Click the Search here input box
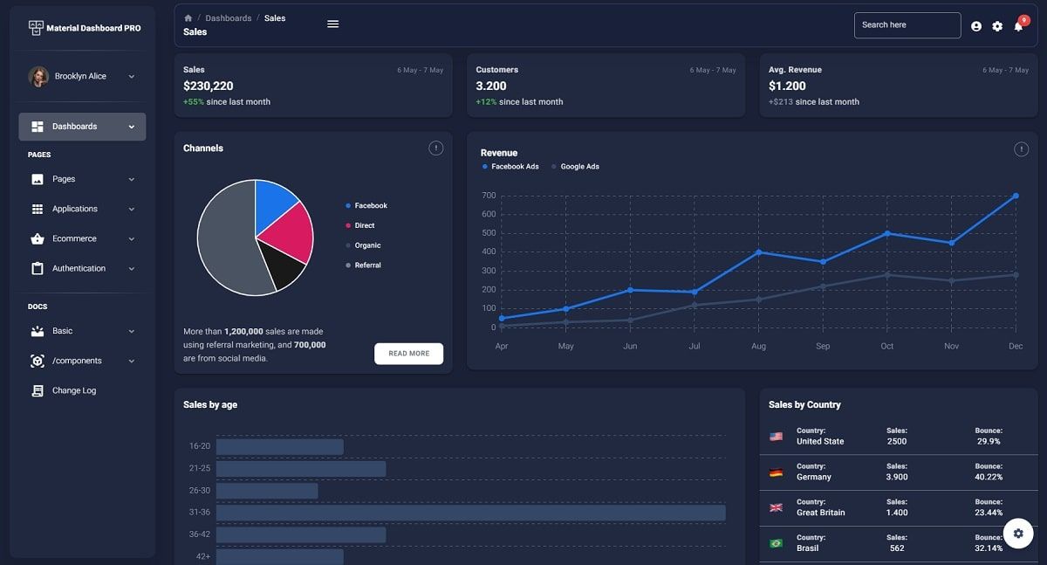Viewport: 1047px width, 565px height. (x=907, y=25)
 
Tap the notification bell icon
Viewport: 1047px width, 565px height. (x=1018, y=26)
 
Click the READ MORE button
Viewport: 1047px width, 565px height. (x=408, y=354)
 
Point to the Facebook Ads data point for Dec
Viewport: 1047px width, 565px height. (x=1016, y=196)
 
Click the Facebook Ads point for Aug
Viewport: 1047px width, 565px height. (x=759, y=251)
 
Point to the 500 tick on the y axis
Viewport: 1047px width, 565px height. (x=488, y=233)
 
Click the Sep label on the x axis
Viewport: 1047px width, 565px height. (x=823, y=347)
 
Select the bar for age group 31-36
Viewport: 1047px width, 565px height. (x=470, y=513)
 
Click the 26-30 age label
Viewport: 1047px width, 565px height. (x=200, y=491)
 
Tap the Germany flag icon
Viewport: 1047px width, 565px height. (x=776, y=472)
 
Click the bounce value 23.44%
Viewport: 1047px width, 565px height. (x=989, y=513)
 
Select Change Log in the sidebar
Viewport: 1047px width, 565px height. (x=73, y=390)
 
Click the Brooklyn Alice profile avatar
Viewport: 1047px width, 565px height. (x=38, y=77)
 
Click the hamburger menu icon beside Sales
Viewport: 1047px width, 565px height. (x=332, y=24)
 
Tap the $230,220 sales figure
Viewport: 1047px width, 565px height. (x=209, y=86)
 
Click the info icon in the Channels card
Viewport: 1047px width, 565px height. (x=436, y=148)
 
